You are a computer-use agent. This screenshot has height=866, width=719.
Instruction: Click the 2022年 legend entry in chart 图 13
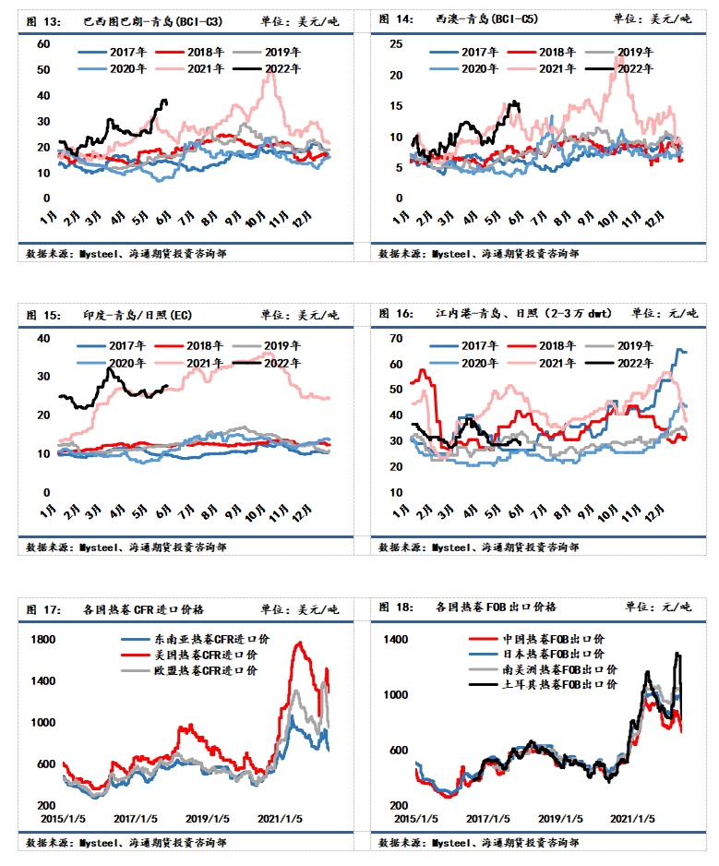(x=267, y=69)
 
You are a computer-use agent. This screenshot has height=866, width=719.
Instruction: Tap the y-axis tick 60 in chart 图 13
(x=43, y=44)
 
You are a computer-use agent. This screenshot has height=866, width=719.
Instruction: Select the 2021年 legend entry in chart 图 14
(x=542, y=69)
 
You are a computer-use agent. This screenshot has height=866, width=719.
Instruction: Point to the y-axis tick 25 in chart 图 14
(x=396, y=44)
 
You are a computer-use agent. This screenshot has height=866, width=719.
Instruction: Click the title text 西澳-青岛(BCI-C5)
(x=486, y=19)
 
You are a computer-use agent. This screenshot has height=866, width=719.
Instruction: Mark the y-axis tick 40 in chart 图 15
(x=43, y=339)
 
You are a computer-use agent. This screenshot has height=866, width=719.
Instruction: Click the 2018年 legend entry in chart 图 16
(x=542, y=345)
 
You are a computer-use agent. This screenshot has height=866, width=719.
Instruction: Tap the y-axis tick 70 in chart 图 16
(x=396, y=339)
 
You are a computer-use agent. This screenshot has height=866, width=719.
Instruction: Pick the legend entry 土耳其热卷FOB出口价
(x=543, y=685)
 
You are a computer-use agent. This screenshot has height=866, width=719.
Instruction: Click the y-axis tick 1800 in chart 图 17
(x=43, y=640)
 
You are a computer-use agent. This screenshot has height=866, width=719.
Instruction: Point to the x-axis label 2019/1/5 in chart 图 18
(x=560, y=819)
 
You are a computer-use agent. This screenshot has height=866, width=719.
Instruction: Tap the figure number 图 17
(x=43, y=609)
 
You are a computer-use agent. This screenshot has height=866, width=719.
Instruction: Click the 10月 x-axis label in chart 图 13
(x=255, y=220)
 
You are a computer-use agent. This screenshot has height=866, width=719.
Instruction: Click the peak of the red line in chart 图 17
(x=300, y=643)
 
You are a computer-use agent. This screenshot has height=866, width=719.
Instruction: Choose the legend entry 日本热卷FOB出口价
(x=536, y=654)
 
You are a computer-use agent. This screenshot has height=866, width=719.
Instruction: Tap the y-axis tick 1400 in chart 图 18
(x=395, y=640)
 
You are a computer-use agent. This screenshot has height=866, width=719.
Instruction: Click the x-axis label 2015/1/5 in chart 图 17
(x=64, y=819)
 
